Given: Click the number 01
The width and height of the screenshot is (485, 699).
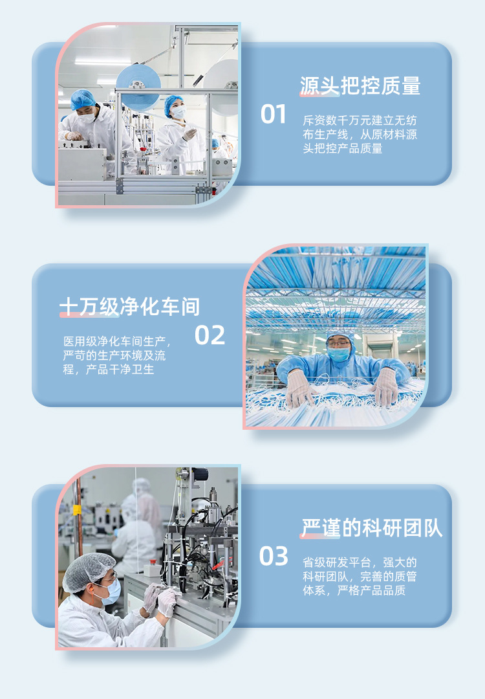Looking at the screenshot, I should coord(273,115).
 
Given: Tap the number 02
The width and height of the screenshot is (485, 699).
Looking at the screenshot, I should coord(210,335).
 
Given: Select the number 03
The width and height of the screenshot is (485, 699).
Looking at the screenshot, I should coord(274,557).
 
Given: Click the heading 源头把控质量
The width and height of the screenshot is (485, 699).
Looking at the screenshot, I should coord(360,86).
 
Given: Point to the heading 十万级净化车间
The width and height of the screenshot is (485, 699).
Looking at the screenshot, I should coord(129,307).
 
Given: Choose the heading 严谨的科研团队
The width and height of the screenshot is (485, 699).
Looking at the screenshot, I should coord(372,528).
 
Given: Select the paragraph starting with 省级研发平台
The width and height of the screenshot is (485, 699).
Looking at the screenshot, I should coord(360,576).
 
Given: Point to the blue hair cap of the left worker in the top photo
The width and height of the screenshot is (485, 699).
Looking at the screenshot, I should coord(83,99).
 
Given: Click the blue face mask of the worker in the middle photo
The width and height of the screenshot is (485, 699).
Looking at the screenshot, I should coord(338,354).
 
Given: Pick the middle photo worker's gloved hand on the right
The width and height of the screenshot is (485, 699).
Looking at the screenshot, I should coord(386,386).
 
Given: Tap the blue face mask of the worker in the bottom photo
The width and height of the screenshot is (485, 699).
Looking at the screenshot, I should coord(112,590).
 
